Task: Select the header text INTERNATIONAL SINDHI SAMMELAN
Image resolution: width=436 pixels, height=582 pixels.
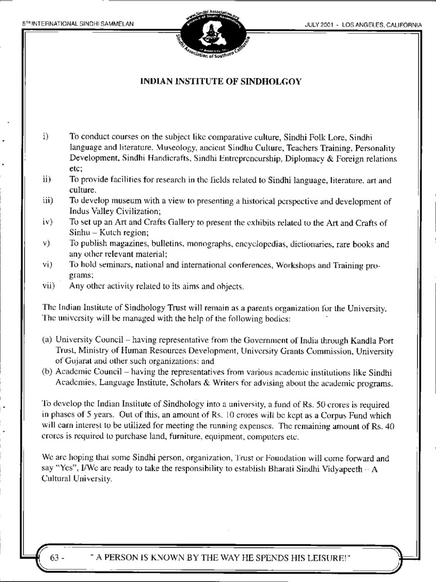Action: click(82, 24)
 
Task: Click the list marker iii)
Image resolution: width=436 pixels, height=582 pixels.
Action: click(47, 201)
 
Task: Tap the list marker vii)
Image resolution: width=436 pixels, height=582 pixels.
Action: click(48, 286)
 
